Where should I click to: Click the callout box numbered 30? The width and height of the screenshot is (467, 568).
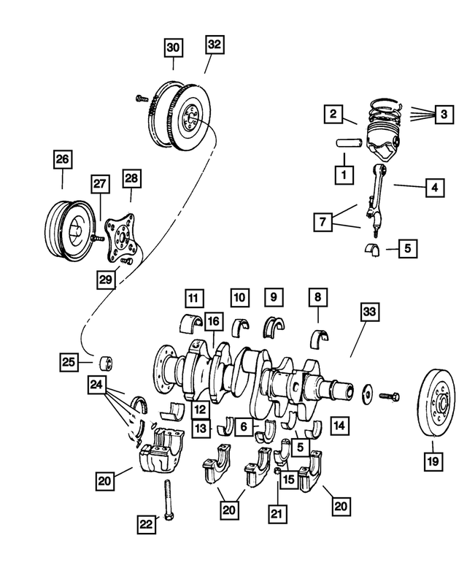tap(173, 48)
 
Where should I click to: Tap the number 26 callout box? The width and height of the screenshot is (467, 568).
tap(62, 158)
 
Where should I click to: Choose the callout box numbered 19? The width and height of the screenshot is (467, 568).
tap(433, 461)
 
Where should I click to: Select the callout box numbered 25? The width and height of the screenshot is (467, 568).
tap(69, 361)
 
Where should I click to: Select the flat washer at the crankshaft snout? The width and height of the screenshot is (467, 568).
tap(366, 394)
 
